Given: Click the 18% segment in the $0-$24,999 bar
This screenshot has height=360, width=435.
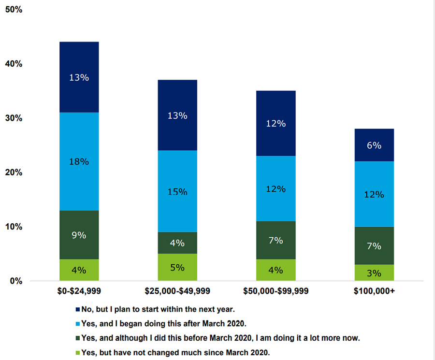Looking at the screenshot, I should tap(79, 161).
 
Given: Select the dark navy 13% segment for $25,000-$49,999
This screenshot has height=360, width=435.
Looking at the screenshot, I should tap(177, 115).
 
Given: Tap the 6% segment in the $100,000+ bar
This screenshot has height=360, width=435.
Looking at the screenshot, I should tap(374, 145).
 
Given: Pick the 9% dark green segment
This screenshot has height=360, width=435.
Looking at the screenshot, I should tap(79, 235).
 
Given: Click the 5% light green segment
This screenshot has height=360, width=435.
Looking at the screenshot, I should tap(177, 267).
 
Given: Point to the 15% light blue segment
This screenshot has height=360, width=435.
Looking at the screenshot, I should tap(177, 191).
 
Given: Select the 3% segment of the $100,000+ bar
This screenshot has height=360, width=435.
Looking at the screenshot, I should tap(374, 273).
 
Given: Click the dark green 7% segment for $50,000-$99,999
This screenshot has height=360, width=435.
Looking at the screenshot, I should tap(275, 240).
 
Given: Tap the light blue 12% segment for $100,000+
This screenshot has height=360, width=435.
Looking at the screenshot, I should tap(374, 194).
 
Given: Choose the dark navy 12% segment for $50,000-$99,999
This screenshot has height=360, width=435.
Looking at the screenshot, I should tap(275, 123).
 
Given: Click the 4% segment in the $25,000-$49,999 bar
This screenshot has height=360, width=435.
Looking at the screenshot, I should tap(177, 243).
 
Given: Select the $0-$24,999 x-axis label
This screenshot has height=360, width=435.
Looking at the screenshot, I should tap(79, 291).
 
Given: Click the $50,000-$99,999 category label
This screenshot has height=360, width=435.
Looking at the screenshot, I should tap(275, 291).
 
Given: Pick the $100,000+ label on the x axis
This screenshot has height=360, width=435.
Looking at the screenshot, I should tap(374, 291).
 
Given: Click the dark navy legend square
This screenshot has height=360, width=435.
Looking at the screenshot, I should tap(78, 309).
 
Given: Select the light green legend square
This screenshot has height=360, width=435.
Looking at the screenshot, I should tap(78, 353).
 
